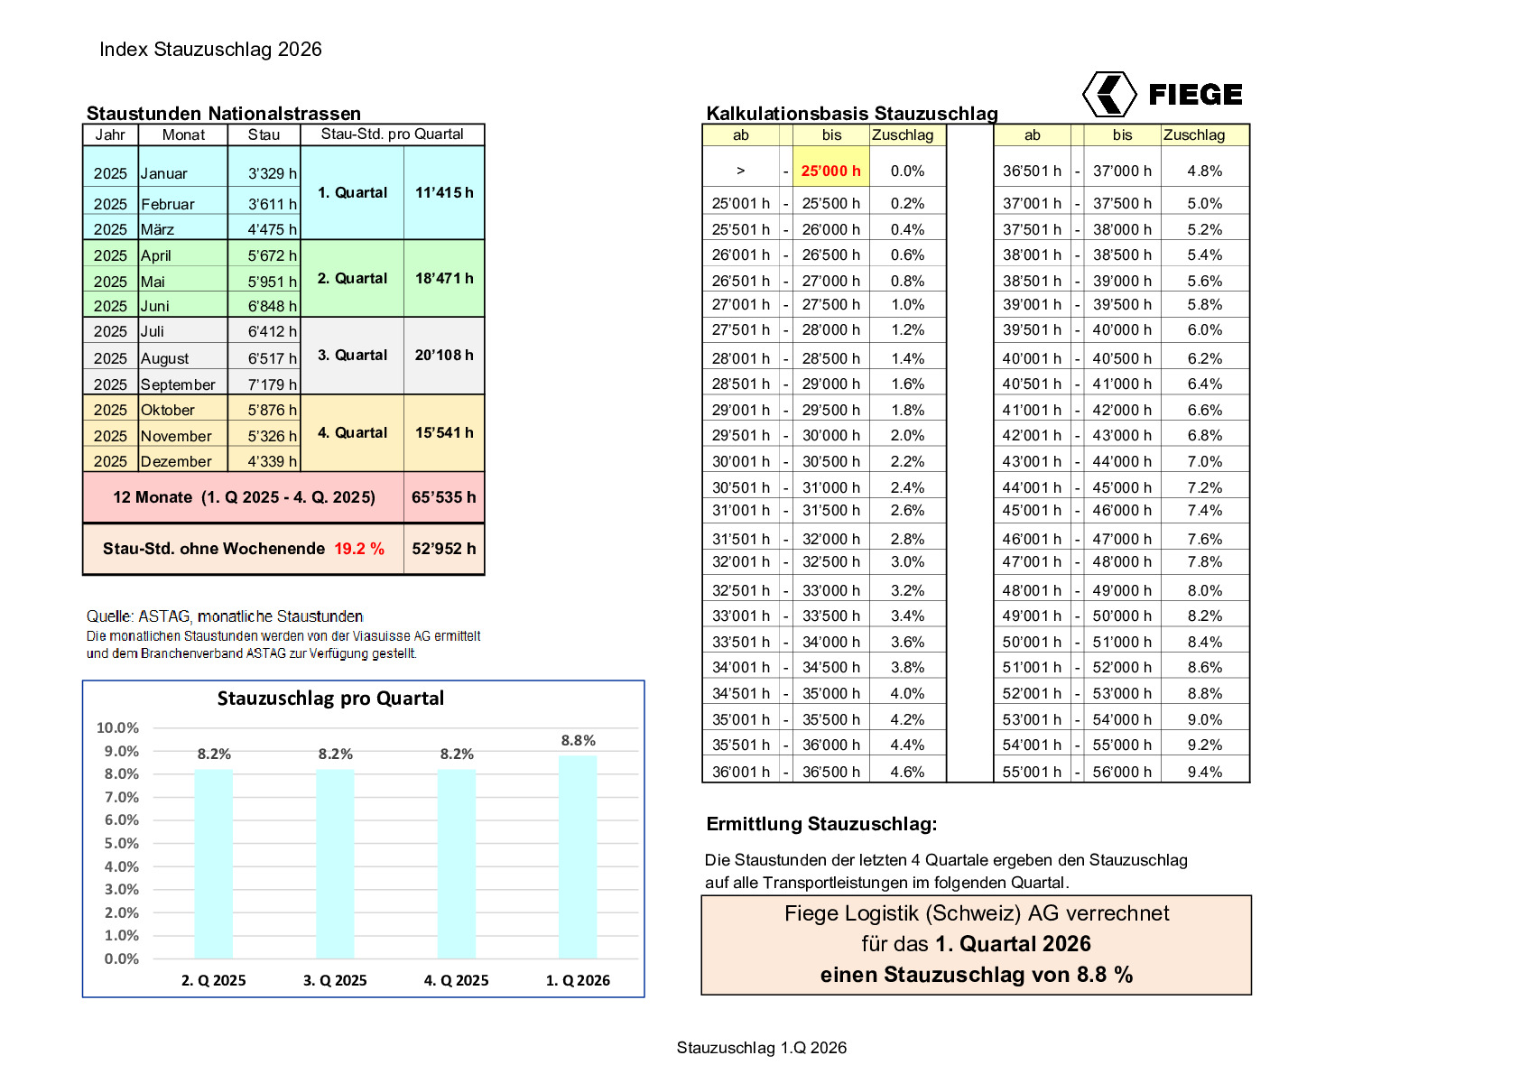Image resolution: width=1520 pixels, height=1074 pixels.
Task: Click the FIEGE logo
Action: [1162, 94]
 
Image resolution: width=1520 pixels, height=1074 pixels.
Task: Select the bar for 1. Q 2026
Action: [578, 857]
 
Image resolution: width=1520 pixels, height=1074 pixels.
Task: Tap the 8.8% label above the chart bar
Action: [578, 740]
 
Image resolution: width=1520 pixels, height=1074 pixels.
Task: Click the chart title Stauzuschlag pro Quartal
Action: [330, 698]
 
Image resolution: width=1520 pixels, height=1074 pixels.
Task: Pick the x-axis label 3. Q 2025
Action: [335, 980]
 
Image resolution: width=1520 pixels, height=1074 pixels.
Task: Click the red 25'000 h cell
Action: [830, 171]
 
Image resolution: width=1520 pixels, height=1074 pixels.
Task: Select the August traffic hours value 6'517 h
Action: [272, 358]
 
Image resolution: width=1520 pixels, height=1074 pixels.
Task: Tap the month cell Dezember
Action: [176, 461]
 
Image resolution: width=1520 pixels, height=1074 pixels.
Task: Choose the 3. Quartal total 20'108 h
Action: [443, 355]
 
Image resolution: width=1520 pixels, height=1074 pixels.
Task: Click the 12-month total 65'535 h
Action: [443, 497]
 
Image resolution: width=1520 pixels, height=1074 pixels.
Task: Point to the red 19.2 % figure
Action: [359, 549]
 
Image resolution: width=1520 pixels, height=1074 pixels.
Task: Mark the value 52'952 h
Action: [443, 549]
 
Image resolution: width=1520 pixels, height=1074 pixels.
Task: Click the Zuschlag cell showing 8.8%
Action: [1204, 693]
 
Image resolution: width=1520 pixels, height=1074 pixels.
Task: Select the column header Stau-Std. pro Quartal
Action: [392, 134]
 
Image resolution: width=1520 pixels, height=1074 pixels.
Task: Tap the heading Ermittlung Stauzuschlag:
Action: [821, 823]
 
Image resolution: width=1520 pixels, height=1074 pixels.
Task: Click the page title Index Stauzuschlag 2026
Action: [210, 50]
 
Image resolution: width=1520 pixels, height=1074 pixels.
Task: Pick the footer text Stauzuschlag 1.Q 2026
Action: [761, 1047]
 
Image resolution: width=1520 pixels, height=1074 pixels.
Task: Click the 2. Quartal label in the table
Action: [352, 278]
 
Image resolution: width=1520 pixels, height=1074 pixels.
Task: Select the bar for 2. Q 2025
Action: [214, 863]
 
